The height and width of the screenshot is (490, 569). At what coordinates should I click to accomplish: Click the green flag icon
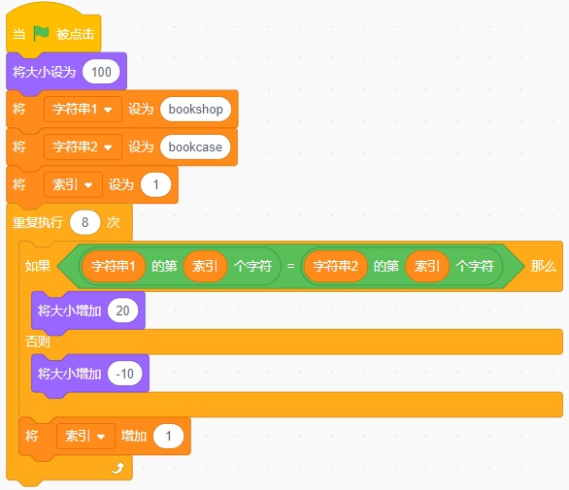(x=41, y=33)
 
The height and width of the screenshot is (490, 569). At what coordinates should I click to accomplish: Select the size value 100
(x=101, y=72)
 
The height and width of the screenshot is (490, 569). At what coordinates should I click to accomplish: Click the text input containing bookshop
(x=195, y=110)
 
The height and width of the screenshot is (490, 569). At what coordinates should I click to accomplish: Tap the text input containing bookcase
(x=195, y=147)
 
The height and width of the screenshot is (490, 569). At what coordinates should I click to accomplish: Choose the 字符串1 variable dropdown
(x=83, y=110)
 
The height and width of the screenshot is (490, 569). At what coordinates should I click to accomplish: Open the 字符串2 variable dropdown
(x=83, y=147)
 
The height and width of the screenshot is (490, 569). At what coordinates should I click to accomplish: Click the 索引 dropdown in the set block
(x=73, y=184)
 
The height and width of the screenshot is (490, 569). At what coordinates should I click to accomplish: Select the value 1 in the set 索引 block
(x=155, y=185)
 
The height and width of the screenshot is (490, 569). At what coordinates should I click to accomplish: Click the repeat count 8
(x=84, y=222)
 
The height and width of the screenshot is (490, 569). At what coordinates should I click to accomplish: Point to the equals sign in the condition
(x=290, y=266)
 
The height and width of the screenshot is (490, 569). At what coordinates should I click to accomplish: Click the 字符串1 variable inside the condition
(x=114, y=266)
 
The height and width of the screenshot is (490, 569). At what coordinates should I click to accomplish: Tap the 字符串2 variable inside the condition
(x=336, y=266)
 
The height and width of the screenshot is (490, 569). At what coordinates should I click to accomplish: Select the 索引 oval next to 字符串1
(x=205, y=266)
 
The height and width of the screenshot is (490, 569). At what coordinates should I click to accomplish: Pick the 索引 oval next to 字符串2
(x=427, y=266)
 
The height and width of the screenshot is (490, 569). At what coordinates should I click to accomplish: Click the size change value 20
(x=122, y=310)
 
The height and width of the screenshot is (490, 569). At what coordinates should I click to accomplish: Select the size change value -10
(x=125, y=374)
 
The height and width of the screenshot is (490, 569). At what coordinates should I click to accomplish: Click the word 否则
(x=37, y=342)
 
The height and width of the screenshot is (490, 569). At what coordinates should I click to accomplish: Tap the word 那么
(x=543, y=266)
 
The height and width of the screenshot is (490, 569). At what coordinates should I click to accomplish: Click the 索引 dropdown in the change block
(x=85, y=436)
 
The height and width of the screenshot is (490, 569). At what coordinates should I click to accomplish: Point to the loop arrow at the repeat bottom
(x=117, y=469)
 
